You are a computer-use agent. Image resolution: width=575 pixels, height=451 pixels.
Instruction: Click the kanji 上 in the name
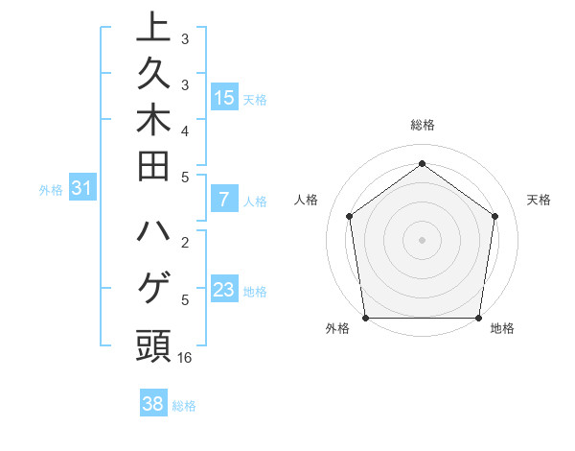click(153, 27)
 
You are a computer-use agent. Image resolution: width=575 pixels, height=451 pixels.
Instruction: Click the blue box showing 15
click(224, 97)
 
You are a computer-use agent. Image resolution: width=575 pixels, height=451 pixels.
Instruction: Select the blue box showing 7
click(224, 200)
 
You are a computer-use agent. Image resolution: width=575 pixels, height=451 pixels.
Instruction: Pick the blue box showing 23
click(224, 290)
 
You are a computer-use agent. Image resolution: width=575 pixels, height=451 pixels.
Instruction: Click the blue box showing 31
click(81, 189)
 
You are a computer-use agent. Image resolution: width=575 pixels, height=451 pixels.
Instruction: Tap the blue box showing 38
click(152, 404)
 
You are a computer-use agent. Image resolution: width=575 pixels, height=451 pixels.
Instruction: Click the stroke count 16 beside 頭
click(185, 358)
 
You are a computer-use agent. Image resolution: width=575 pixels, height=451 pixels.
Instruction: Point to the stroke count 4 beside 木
click(185, 131)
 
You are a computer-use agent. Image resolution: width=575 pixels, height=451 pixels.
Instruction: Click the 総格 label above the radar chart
click(422, 125)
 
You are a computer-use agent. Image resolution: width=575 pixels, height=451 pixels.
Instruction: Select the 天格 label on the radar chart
click(539, 200)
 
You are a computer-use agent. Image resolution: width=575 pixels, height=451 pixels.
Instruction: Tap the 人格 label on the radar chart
click(306, 200)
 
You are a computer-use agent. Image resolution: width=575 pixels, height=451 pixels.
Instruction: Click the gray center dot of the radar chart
click(422, 239)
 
